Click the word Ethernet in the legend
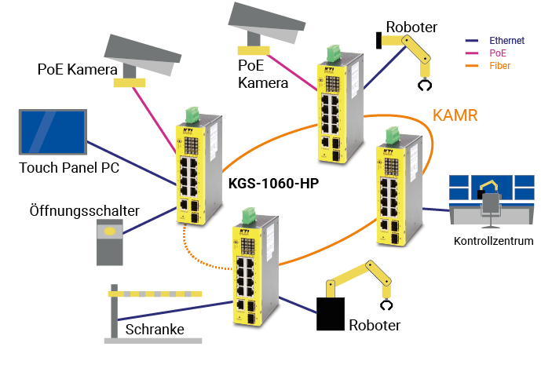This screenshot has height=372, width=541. [506, 40]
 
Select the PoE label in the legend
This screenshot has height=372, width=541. [499, 53]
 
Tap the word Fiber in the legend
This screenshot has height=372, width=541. [499, 66]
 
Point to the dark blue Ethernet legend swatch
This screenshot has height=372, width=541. [472, 40]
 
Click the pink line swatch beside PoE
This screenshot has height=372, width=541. [472, 53]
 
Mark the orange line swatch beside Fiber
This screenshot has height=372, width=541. [472, 66]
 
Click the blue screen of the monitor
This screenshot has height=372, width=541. [52, 132]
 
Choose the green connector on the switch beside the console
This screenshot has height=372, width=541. [390, 136]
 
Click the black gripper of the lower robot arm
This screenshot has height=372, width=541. [386, 306]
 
